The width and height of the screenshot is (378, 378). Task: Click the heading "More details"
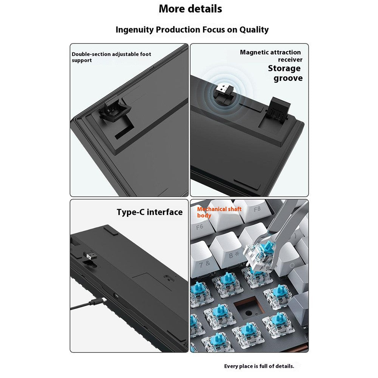191,9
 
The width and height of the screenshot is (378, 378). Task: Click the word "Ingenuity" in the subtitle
135,29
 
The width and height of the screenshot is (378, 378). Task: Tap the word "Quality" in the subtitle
254,29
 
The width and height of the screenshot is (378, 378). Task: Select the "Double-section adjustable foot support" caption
112,57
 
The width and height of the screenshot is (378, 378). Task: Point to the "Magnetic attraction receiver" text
271,56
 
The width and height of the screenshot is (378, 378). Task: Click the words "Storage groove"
285,73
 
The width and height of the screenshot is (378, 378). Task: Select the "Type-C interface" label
149,212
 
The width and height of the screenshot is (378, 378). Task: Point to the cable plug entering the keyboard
98,302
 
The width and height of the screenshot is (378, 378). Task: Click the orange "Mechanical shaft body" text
219,212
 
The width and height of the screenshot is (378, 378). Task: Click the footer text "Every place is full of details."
259,366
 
